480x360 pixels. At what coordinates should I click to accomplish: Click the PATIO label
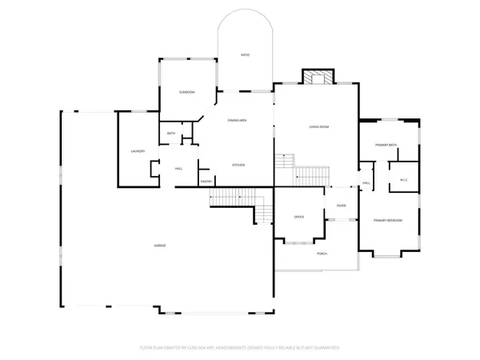(x=246, y=55)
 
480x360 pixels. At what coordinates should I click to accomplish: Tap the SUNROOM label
(x=186, y=93)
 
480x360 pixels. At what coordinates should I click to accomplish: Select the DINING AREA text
(x=237, y=120)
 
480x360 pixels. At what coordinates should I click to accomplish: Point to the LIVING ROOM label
(x=320, y=127)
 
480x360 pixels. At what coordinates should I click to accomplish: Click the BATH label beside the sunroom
(x=171, y=134)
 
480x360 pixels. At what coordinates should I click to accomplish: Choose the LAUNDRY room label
(x=138, y=151)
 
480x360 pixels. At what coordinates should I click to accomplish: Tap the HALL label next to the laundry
(x=178, y=169)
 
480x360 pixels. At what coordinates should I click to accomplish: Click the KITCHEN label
(x=238, y=165)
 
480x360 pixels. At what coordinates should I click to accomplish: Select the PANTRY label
(x=206, y=182)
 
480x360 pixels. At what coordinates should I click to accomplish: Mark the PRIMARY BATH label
(x=386, y=144)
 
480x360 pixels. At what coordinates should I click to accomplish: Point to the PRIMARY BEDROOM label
(x=388, y=220)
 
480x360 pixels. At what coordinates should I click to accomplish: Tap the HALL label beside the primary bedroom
(x=366, y=183)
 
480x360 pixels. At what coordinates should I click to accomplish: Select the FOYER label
(x=341, y=206)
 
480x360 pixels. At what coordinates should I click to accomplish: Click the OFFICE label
(x=299, y=217)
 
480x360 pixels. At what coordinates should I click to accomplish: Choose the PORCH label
(x=322, y=254)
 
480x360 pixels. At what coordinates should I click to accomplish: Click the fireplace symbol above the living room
(x=314, y=77)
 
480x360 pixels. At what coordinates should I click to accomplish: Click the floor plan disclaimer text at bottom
(x=240, y=348)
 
